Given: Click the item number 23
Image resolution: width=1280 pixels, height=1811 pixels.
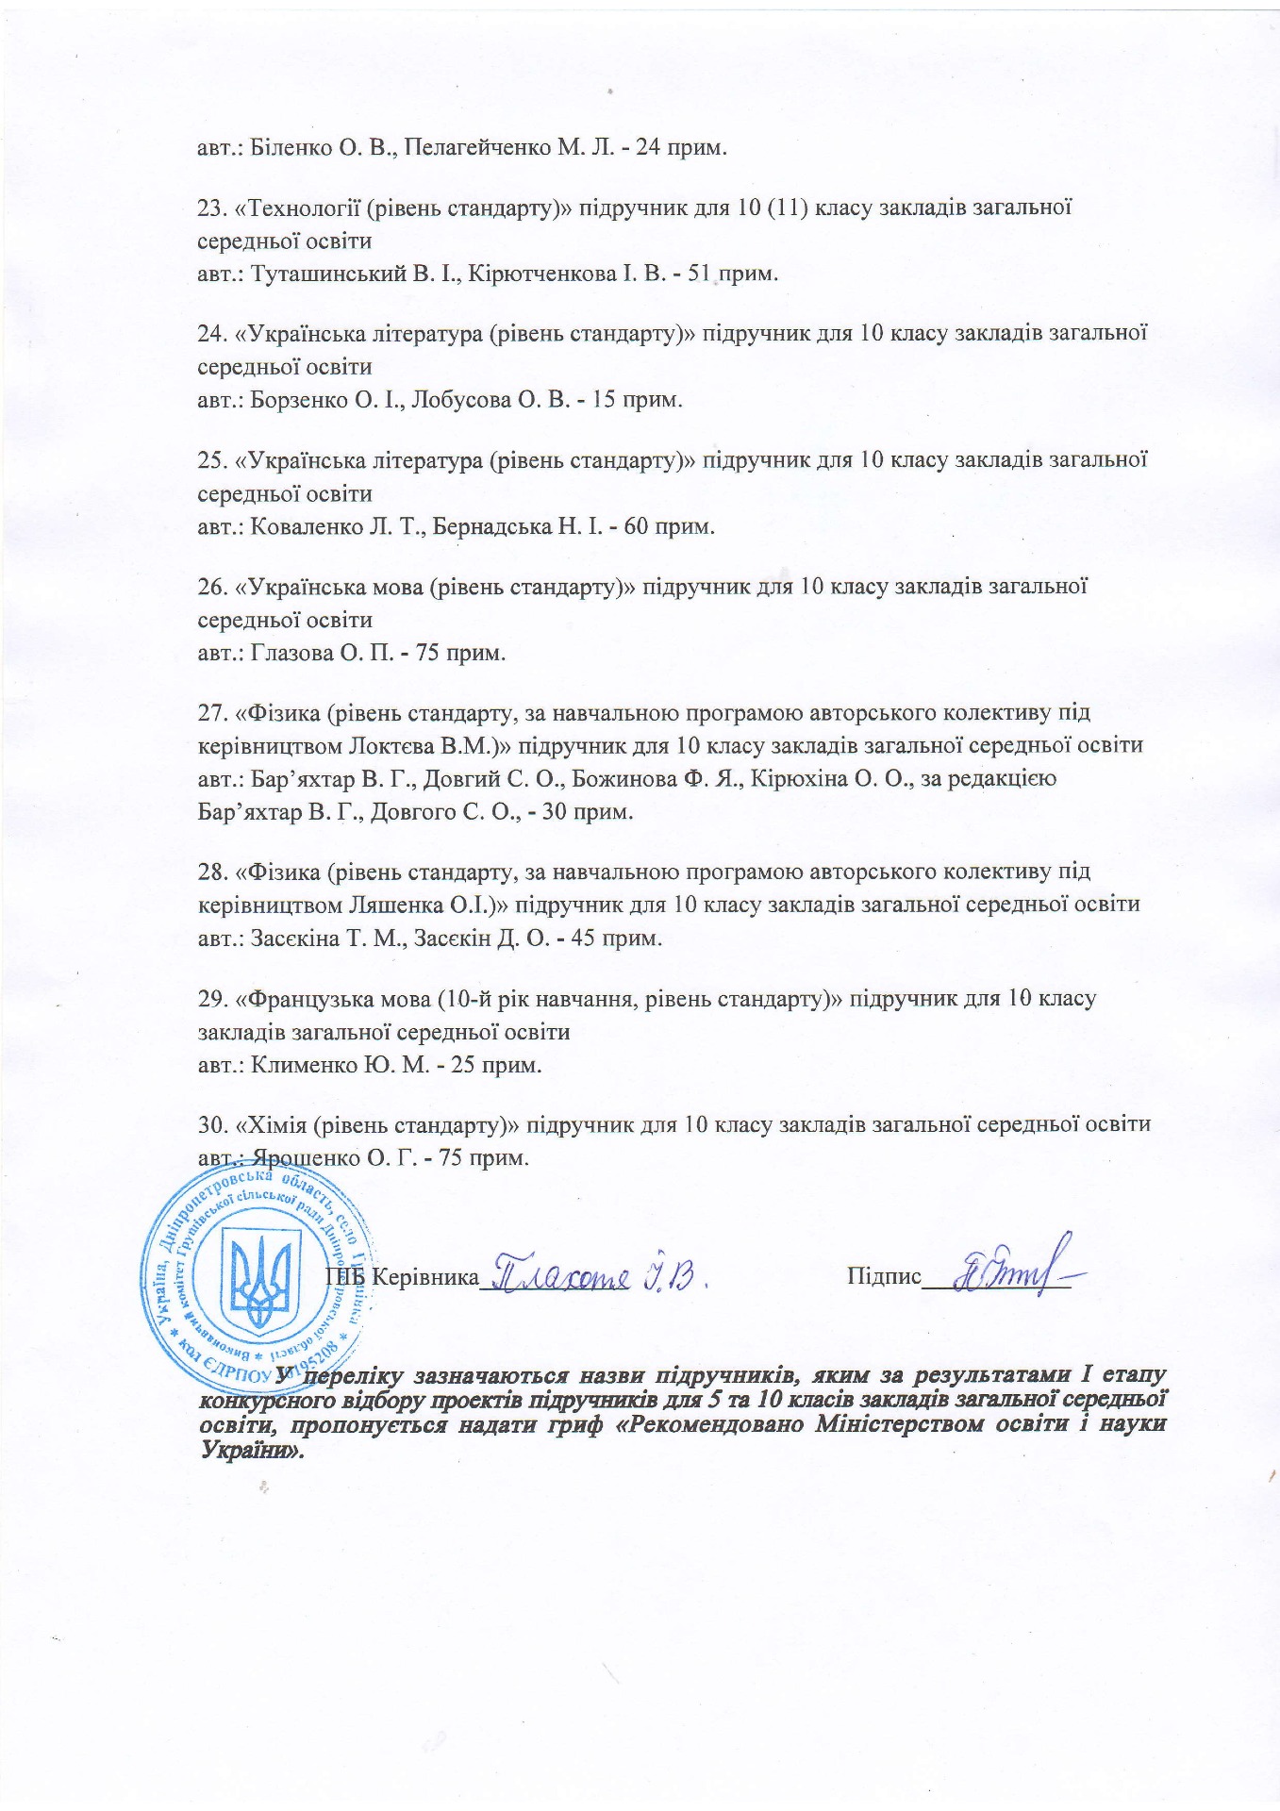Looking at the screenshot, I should click(210, 208).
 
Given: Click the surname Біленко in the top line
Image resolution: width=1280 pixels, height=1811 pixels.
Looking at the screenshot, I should click(287, 148).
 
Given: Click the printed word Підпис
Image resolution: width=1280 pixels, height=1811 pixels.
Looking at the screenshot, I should click(884, 1277).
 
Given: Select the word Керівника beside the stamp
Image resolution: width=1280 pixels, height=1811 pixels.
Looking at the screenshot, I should click(425, 1277).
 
